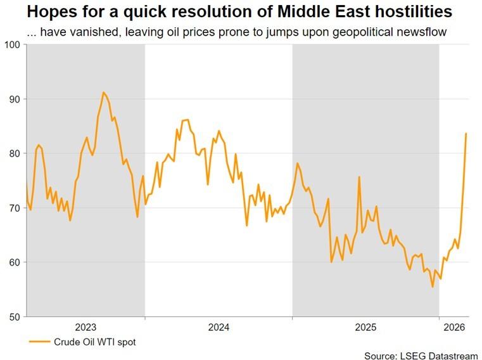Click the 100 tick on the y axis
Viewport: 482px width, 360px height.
click(13, 44)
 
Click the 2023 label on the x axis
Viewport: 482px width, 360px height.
click(86, 328)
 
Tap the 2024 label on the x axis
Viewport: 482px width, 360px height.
click(219, 328)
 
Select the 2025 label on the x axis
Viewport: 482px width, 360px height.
click(365, 328)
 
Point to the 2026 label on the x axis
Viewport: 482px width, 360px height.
click(454, 328)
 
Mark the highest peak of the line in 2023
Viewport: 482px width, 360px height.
click(103, 93)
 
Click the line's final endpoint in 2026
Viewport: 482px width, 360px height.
click(466, 133)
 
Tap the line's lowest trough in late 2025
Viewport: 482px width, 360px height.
click(433, 287)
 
